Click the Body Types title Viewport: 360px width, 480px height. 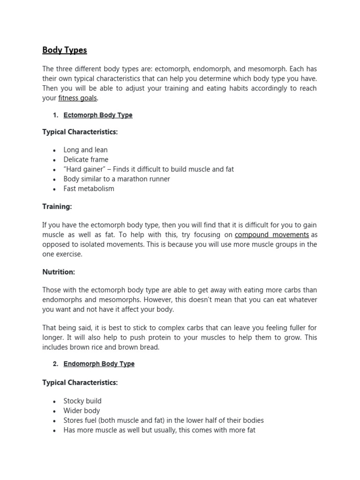65,50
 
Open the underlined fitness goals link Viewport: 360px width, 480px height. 77,98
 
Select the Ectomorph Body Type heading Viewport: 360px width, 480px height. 98,115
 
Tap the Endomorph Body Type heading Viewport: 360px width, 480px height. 99,364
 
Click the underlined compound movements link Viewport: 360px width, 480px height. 272,234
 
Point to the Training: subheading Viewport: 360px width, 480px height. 57,206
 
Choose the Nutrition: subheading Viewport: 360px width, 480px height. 59,272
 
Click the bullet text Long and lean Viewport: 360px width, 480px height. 85,150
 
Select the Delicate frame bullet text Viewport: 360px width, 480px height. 86,159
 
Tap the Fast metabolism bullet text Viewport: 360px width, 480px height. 89,188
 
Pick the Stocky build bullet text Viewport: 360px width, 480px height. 82,401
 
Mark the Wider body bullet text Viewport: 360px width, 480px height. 82,411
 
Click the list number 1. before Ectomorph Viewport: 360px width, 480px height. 55,115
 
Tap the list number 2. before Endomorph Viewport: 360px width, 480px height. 55,364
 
